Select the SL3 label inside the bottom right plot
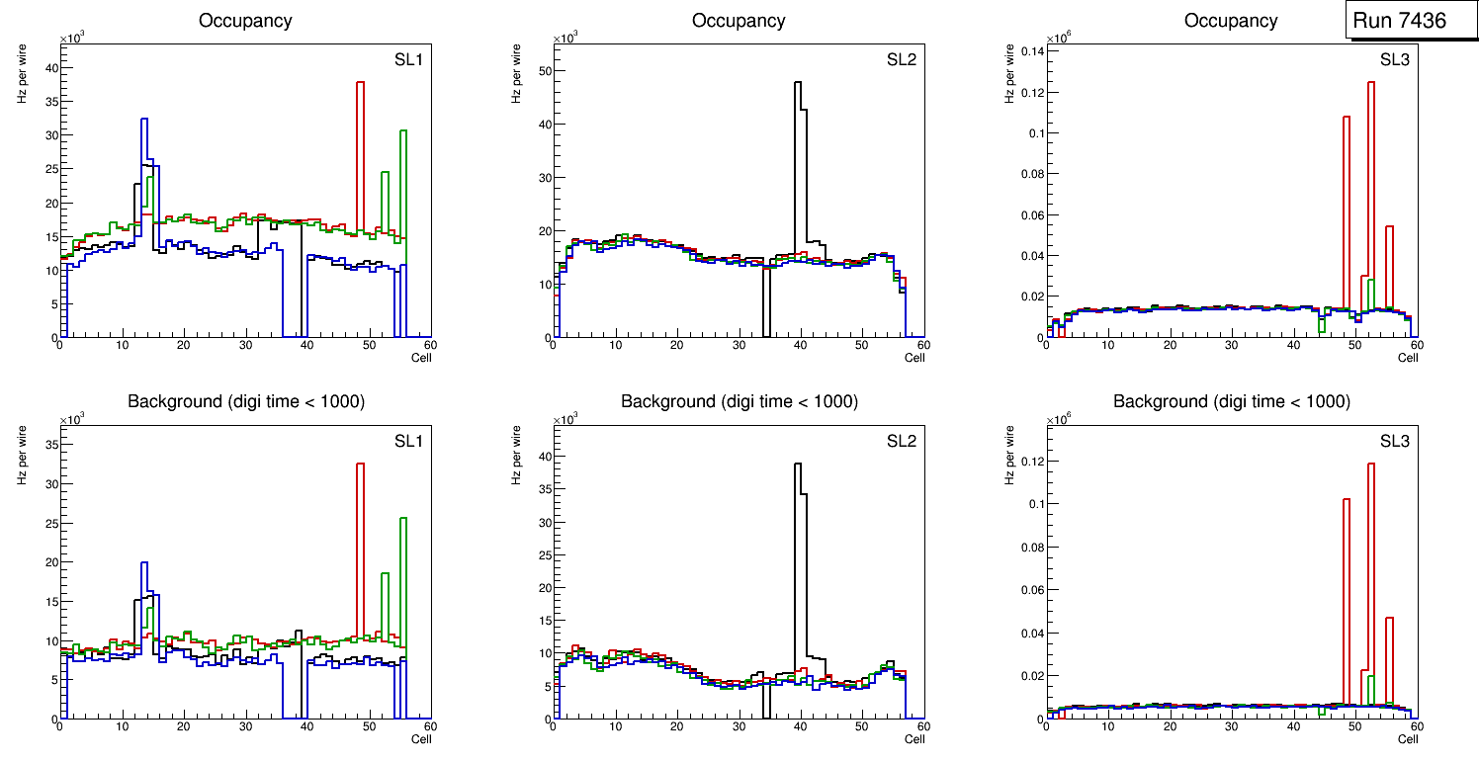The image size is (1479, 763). tap(1395, 440)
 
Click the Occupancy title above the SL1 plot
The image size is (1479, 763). tap(245, 21)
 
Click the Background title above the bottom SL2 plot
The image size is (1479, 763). tap(739, 401)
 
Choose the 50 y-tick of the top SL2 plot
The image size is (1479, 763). tap(544, 70)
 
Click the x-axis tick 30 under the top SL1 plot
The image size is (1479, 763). tap(245, 345)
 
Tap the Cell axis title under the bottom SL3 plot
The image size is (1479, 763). tap(1408, 738)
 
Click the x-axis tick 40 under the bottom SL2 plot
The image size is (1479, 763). tap(800, 726)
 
